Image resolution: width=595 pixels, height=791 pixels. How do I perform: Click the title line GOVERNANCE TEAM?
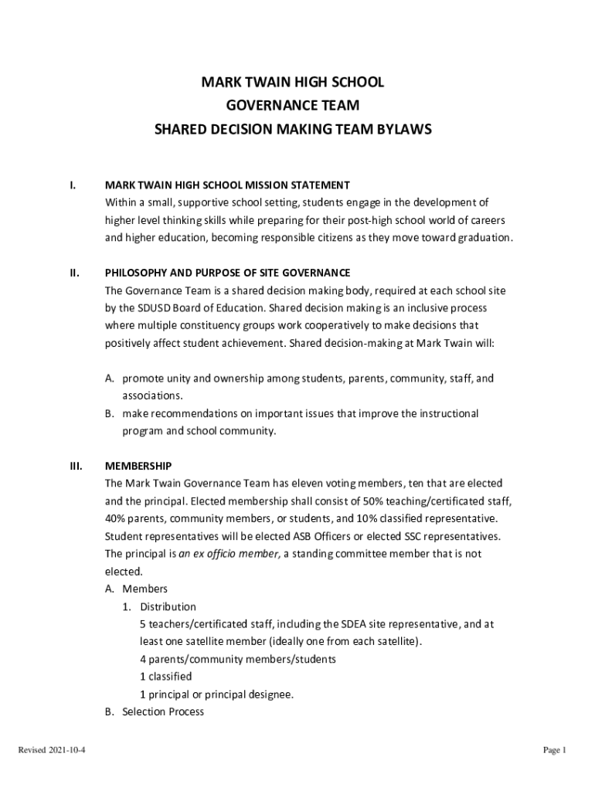(292, 107)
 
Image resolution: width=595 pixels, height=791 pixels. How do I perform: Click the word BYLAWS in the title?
(400, 131)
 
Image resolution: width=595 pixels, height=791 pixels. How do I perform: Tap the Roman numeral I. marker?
(72, 185)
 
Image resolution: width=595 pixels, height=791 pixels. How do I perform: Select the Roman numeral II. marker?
(73, 273)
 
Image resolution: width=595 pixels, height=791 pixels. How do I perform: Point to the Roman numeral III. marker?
(75, 466)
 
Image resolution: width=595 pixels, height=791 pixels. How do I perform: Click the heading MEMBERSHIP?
(138, 466)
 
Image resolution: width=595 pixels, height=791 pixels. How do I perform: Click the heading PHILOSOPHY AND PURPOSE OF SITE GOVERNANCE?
(227, 273)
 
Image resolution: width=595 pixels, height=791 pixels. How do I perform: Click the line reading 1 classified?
(165, 677)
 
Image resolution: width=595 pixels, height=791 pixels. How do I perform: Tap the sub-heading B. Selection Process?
(155, 711)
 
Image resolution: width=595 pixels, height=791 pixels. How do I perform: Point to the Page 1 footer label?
(555, 750)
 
